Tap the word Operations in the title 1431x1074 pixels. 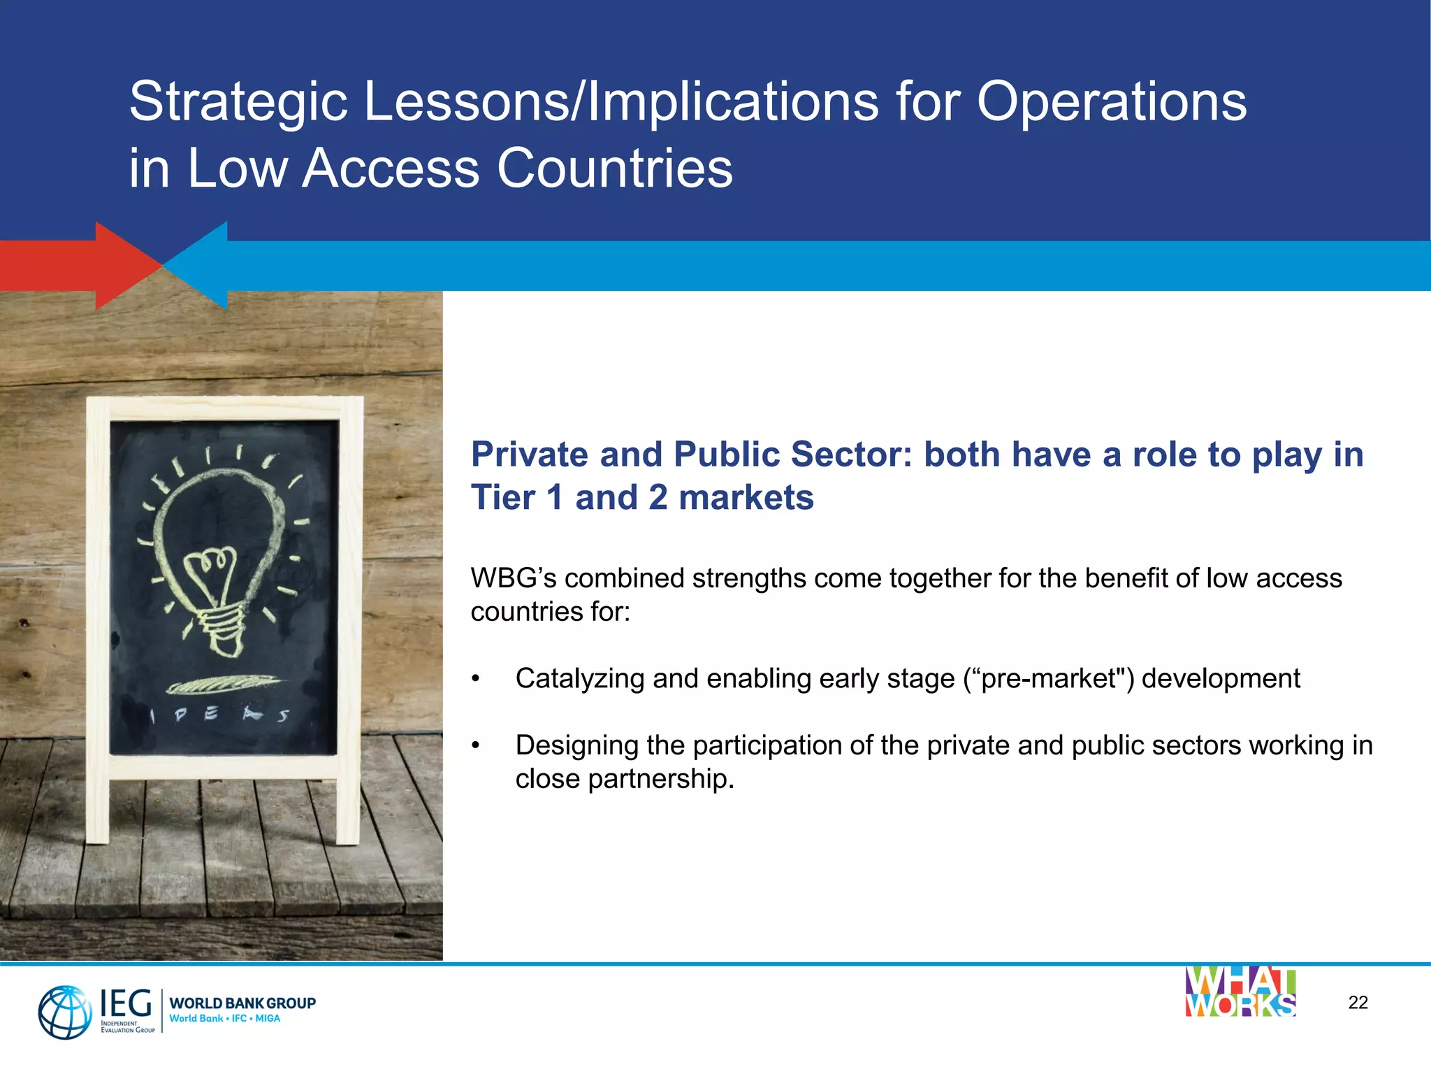coord(1110,102)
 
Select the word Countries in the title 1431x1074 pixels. coord(614,169)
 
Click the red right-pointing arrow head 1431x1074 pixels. coord(126,265)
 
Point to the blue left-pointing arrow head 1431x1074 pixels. coord(199,265)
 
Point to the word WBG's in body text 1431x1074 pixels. coord(513,579)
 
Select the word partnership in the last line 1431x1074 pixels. coord(660,780)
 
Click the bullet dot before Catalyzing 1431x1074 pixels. coord(476,679)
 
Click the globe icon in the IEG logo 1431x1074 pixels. coord(64,1012)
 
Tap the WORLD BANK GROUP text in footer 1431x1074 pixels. coord(242,1003)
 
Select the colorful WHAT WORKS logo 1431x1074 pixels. coord(1240,992)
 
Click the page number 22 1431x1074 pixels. coord(1358,1003)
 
